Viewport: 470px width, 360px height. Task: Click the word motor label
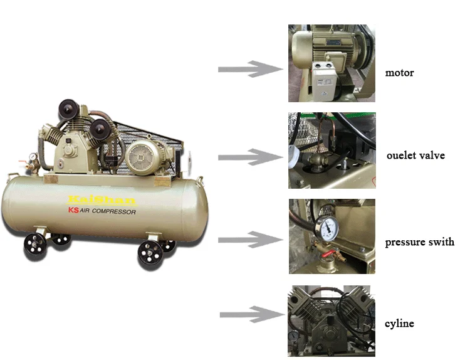[x=399, y=73]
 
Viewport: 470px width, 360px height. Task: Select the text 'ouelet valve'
[x=415, y=155]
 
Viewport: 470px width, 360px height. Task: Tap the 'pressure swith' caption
[x=419, y=241]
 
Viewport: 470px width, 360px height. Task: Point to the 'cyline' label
[x=399, y=324]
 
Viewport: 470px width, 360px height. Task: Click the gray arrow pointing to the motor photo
[x=247, y=68]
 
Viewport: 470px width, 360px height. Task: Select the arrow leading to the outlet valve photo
[x=247, y=156]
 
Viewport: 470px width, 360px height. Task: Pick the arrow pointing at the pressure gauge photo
[x=247, y=238]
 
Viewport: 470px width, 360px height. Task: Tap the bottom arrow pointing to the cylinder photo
[x=248, y=314]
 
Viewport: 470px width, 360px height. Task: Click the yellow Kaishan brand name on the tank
[x=102, y=200]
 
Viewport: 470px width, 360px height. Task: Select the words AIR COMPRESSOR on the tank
[x=108, y=212]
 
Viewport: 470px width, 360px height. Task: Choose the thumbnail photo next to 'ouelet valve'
[x=332, y=151]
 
